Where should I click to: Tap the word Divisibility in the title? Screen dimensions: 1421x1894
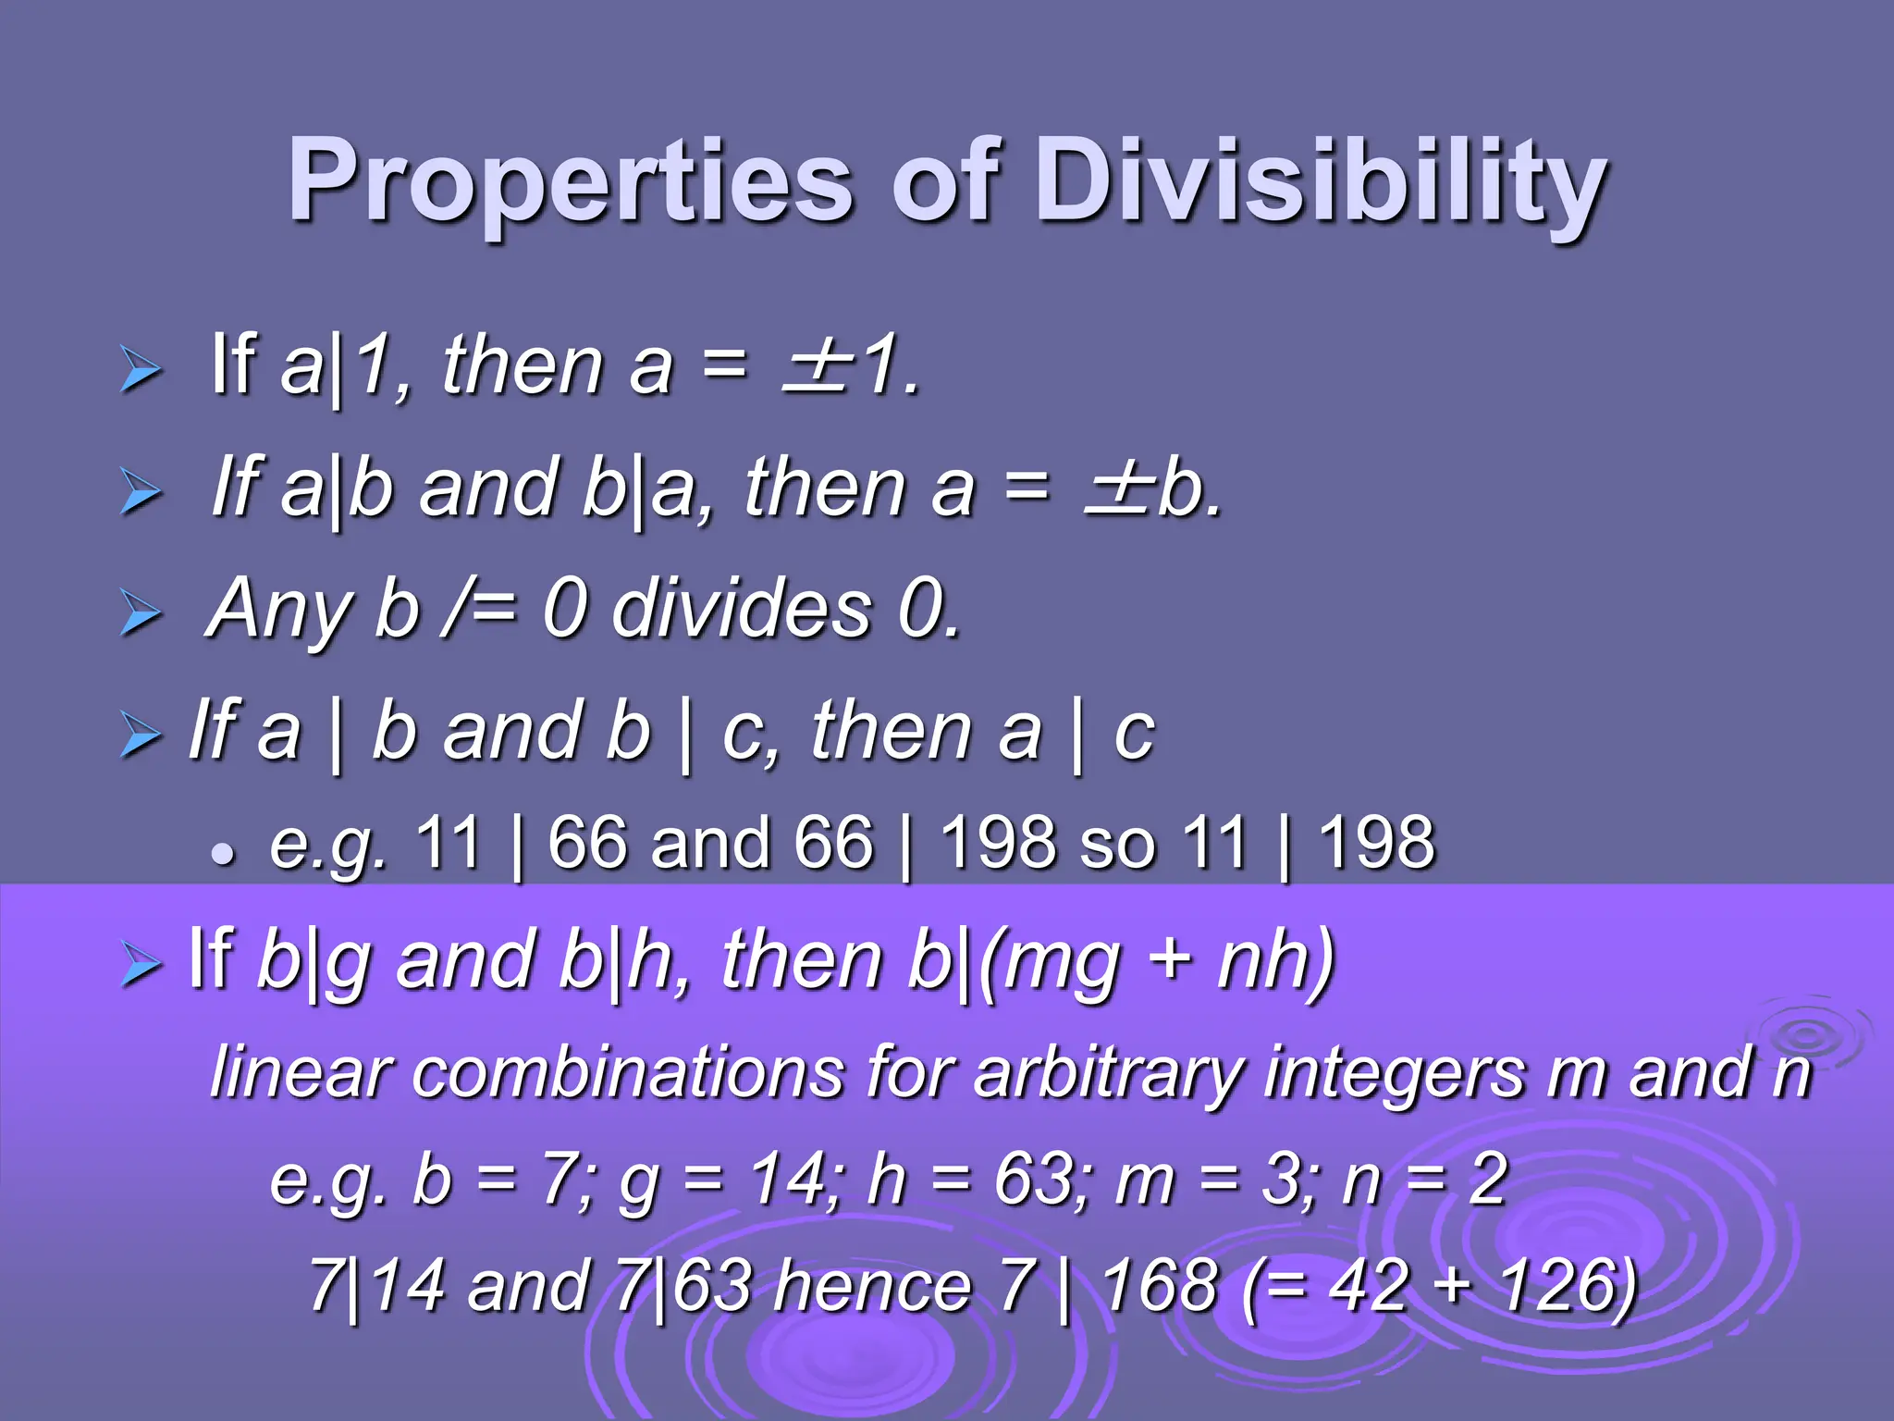pos(1321,180)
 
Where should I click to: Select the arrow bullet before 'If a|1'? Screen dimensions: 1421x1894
pos(141,372)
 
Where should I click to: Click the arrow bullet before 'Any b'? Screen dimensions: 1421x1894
pos(141,614)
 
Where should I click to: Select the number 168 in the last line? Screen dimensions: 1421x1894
pos(1162,1286)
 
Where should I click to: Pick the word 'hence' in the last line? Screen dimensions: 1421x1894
pos(873,1286)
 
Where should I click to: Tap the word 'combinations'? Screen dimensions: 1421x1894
pos(629,1073)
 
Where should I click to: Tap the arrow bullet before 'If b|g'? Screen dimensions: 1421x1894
pos(141,967)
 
